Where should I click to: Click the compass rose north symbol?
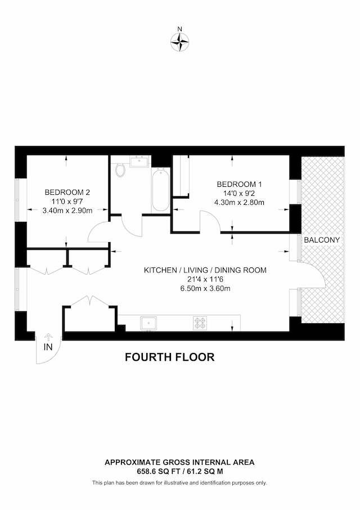[179, 42]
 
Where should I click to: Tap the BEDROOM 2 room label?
[67, 192]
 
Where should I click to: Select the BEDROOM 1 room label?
[239, 185]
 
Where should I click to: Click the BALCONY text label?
[322, 240]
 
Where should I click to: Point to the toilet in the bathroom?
[120, 170]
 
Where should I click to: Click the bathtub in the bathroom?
[160, 189]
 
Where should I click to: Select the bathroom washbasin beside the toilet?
[140, 162]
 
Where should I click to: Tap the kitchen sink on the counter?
[148, 323]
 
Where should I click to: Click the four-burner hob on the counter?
[200, 323]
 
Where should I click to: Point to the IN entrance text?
[48, 347]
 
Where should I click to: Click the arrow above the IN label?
[48, 337]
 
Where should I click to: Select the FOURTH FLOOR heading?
[170, 357]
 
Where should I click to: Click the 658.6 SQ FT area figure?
[155, 471]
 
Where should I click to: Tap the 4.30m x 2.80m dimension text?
[239, 203]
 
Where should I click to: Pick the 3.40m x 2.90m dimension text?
[67, 211]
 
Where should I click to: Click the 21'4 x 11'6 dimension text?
[205, 279]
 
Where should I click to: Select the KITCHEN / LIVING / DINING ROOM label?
[205, 270]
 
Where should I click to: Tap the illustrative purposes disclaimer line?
[179, 482]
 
